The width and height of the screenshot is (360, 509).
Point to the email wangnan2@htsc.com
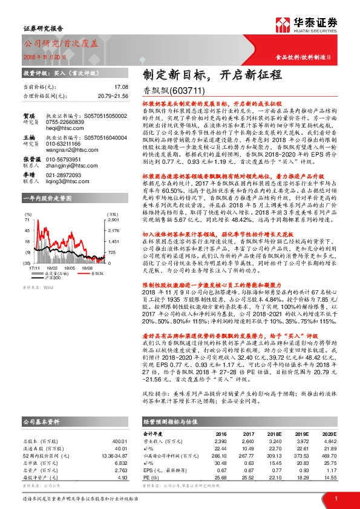pyautogui.click(x=67, y=152)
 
